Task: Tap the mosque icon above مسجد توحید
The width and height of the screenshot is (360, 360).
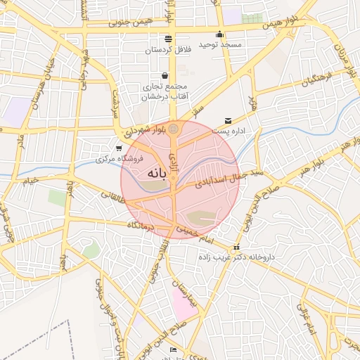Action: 219,34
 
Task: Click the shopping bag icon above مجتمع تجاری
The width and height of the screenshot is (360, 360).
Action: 165,75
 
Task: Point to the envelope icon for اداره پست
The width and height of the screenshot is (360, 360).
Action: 228,121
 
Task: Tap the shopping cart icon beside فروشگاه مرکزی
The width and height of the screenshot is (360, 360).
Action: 118,148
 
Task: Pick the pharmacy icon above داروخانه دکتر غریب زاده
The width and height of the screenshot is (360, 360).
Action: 236,247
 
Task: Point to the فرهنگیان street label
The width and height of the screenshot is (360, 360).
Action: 315,78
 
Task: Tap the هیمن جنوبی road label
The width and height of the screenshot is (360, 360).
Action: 131,22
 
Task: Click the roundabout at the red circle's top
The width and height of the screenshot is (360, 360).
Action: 173,128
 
